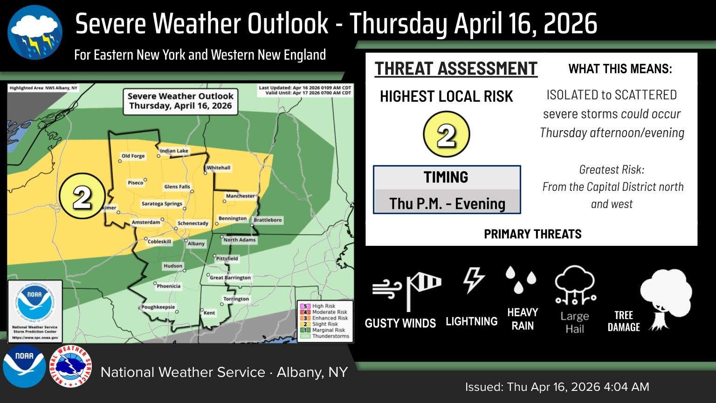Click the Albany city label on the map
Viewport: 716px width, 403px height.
tap(196, 243)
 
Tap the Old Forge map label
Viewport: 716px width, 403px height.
tap(133, 156)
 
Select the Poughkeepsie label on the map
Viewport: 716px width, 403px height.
tap(158, 307)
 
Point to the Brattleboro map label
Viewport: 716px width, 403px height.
tap(268, 220)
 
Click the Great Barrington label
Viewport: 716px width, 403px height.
tap(230, 278)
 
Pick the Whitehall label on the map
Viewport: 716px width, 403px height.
tap(219, 168)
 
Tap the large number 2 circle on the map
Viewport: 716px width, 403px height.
tap(82, 198)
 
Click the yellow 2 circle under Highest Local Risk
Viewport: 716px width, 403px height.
tap(446, 135)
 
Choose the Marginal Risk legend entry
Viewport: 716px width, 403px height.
tap(328, 330)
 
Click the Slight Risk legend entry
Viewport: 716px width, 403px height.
tap(325, 324)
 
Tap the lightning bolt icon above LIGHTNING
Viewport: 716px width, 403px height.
tap(473, 280)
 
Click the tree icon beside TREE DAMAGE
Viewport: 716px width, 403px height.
tap(666, 299)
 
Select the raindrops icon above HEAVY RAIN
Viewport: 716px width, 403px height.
tap(521, 279)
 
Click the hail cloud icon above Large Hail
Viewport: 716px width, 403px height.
tap(575, 285)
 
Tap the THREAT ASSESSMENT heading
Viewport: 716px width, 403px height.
tap(456, 69)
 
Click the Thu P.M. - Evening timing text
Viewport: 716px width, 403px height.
tap(447, 204)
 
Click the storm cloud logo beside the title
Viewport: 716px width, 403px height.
tap(35, 33)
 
